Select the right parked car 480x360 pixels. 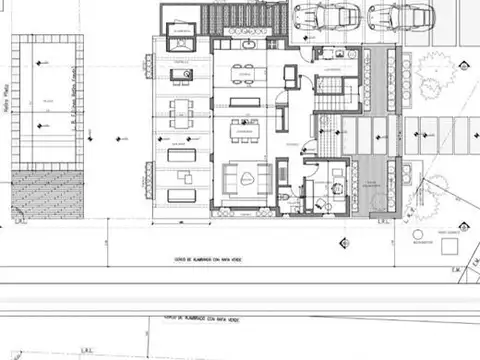(399, 17)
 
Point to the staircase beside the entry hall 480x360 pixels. (338, 95)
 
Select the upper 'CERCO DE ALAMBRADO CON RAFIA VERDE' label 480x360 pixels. (208, 260)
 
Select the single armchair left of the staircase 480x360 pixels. (291, 76)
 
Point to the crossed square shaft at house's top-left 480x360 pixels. (181, 21)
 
